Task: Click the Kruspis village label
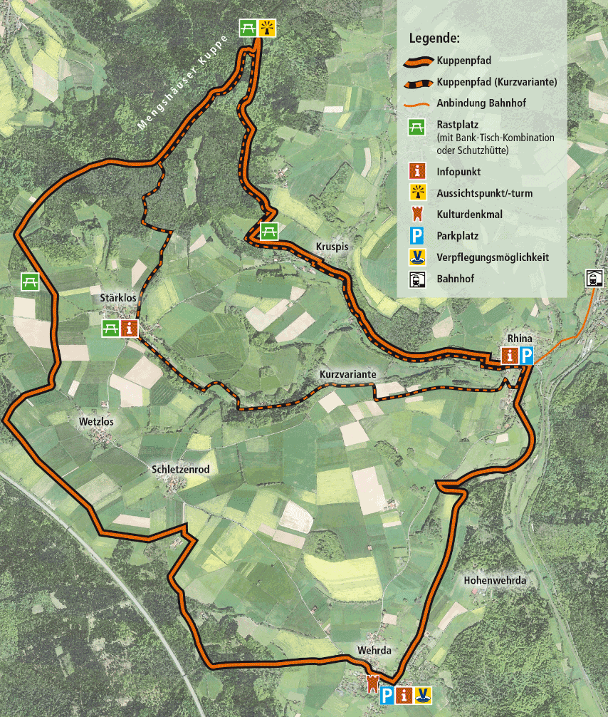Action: click(331, 247)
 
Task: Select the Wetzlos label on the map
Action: click(96, 422)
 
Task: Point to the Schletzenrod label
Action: click(180, 470)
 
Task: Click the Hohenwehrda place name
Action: click(494, 581)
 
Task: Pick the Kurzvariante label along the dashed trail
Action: click(347, 374)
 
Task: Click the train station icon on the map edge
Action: click(594, 279)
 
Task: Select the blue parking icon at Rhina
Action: click(526, 356)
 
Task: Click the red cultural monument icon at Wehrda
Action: click(371, 682)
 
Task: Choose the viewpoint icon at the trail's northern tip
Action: click(267, 28)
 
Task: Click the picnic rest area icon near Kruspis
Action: click(268, 231)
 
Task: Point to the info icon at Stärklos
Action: click(130, 328)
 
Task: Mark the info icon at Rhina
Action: click(510, 356)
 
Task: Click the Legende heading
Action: click(434, 37)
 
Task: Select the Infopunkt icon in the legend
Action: click(417, 172)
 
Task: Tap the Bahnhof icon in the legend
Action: click(417, 279)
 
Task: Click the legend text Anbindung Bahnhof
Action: click(481, 103)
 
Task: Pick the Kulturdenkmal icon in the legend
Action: click(417, 214)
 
